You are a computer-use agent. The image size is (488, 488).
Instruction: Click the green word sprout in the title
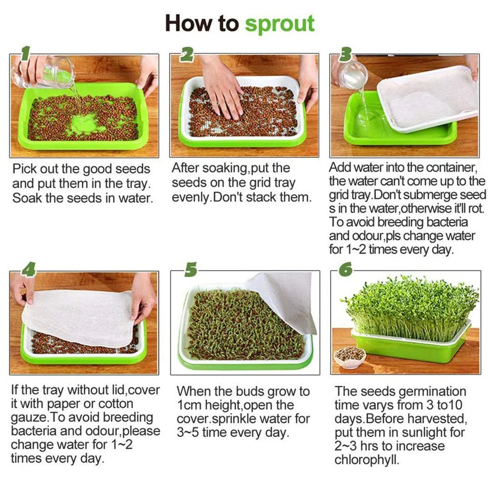click(279, 23)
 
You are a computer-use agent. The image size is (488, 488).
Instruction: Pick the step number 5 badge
click(191, 270)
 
